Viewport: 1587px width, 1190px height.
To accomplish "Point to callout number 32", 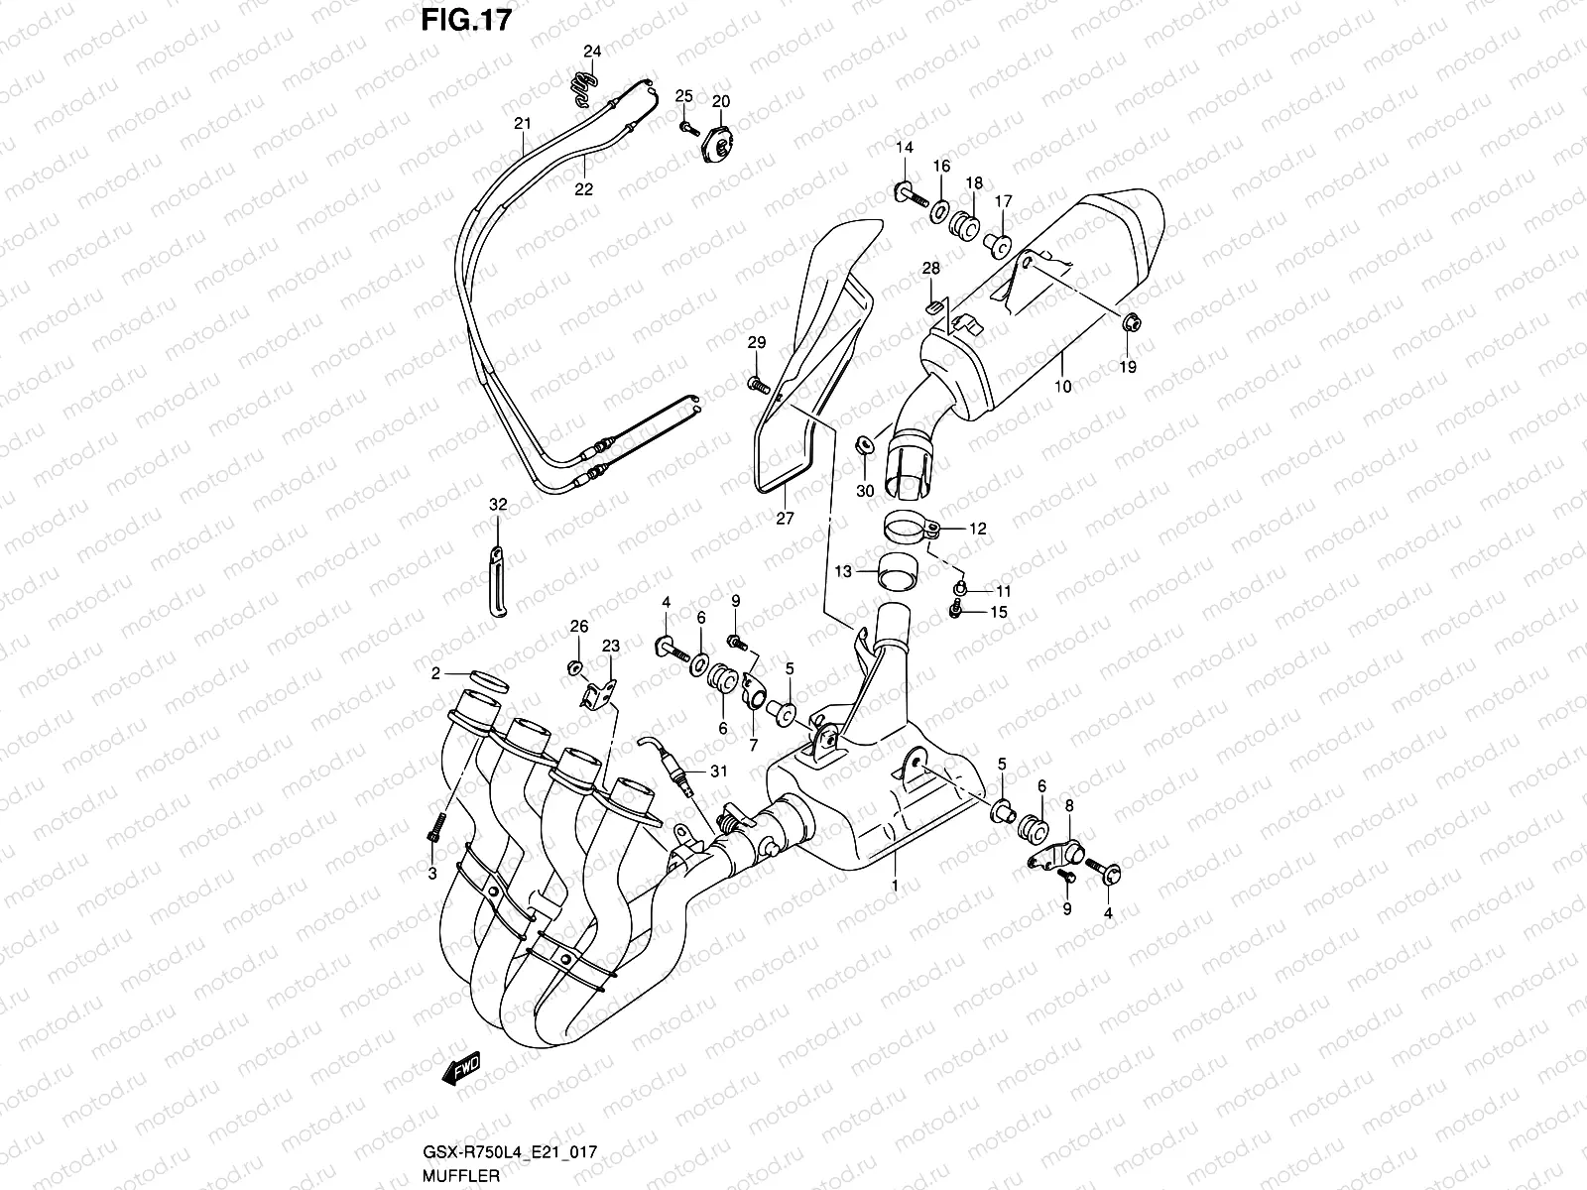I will coord(498,505).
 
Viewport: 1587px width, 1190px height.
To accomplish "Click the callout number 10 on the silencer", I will coord(1064,387).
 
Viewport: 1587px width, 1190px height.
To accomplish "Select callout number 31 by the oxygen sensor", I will coord(719,772).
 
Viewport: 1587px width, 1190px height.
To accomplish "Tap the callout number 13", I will coord(843,571).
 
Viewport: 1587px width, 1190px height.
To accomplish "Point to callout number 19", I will coord(1129,367).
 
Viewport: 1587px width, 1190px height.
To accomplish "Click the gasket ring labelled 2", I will coord(485,681).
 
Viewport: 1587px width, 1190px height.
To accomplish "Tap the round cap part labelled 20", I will coord(720,147).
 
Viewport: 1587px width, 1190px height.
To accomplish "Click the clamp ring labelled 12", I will coord(909,527).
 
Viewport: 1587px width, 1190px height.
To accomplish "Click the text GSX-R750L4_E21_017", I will coord(509,1153).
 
